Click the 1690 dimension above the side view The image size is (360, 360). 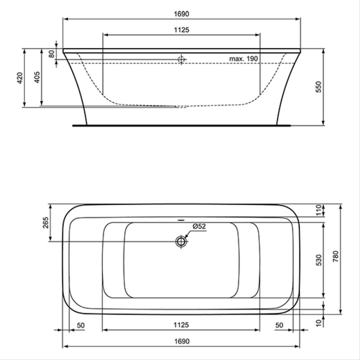181,14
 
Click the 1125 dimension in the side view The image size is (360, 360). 181,30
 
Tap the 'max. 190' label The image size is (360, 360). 244,59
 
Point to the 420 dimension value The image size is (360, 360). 20,77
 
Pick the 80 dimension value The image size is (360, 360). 51,54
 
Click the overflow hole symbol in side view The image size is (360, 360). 181,59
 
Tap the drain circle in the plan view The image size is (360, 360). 181,242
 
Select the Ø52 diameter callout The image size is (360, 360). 199,226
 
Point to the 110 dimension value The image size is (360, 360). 318,210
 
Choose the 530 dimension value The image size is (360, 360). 318,260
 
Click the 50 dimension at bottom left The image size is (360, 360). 81,325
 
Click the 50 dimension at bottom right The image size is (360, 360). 279,325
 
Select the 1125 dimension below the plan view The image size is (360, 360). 181,325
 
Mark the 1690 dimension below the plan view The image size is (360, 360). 181,341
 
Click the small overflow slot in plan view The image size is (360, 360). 181,219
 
